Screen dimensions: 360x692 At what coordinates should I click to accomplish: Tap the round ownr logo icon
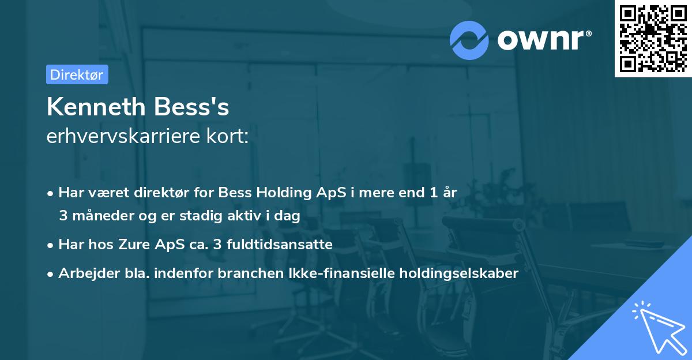pos(468,40)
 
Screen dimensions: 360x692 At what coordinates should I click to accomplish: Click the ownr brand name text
pos(543,39)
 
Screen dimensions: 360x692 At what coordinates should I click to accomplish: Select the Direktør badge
pos(77,74)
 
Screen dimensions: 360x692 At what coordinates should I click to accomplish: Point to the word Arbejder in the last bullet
pos(83,273)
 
